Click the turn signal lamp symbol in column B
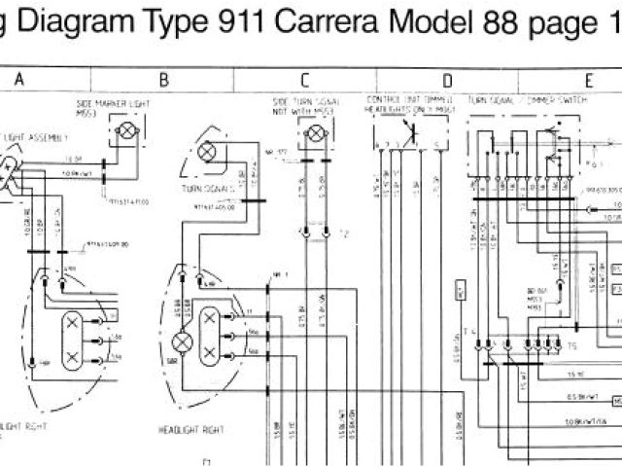pyautogui.click(x=206, y=152)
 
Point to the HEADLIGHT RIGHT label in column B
pyautogui.click(x=193, y=402)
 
